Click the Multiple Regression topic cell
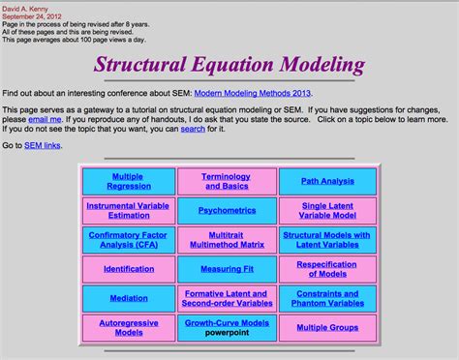point(129,181)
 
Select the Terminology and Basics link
point(227,181)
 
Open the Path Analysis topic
point(327,181)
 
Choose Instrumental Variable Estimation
point(129,210)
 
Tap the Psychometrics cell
point(227,210)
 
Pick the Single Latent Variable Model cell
point(327,210)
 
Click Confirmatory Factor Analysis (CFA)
point(129,239)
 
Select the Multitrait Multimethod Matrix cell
point(227,239)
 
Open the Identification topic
point(129,269)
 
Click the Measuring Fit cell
point(227,269)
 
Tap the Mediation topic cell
point(129,298)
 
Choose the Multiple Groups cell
point(327,327)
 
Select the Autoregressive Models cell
point(129,327)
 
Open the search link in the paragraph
point(193,128)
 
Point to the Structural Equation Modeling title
point(229,66)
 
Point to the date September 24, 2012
point(34,16)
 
